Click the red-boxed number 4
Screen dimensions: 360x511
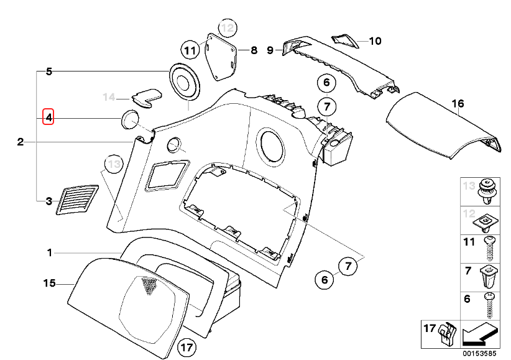tap(48, 117)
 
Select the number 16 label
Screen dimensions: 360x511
tap(458, 104)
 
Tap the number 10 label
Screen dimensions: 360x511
tap(374, 42)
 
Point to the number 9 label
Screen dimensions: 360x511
tap(270, 50)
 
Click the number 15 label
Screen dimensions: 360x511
tap(50, 284)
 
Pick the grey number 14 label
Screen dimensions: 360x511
tap(109, 97)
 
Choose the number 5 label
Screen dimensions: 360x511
tap(49, 72)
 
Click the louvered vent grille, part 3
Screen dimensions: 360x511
tap(78, 198)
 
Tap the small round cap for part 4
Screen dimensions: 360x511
tap(129, 120)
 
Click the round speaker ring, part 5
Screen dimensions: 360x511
tap(186, 80)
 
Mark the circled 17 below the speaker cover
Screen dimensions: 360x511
tap(186, 347)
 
